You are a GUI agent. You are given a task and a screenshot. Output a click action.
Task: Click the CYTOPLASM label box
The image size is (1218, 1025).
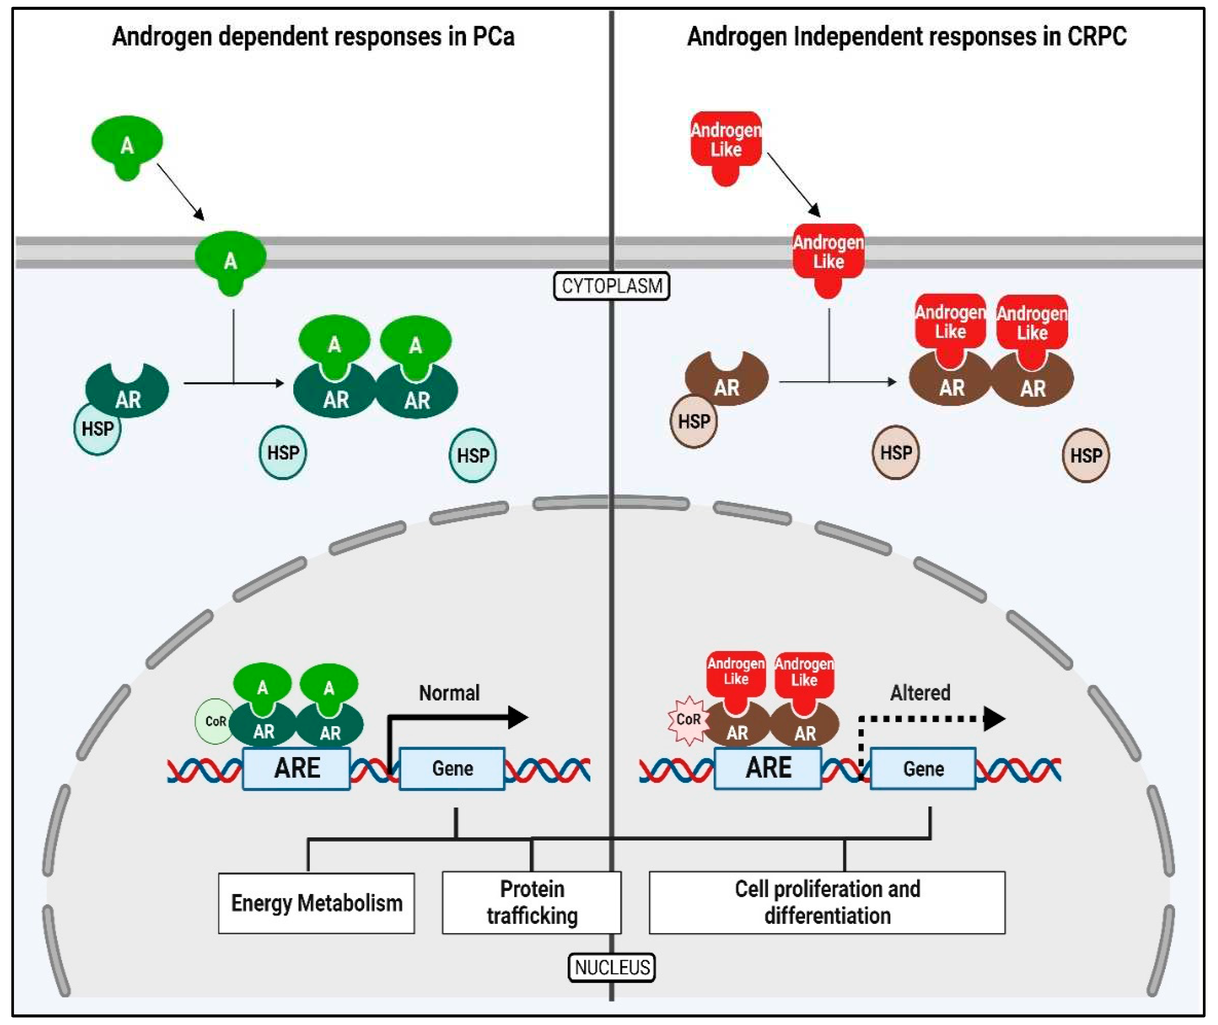[x=611, y=286]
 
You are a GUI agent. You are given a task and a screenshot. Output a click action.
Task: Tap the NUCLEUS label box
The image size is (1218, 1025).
[x=611, y=967]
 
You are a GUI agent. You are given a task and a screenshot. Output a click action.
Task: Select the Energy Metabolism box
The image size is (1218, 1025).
[x=316, y=903]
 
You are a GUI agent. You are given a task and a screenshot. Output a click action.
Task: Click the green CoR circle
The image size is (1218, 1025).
[x=214, y=721]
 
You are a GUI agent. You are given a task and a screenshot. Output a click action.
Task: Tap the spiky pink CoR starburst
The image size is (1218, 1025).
[x=688, y=720]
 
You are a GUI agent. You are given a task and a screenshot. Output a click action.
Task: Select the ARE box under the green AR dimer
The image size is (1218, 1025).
[x=296, y=768]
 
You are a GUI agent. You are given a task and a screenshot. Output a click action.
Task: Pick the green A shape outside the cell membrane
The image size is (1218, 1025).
[x=127, y=145]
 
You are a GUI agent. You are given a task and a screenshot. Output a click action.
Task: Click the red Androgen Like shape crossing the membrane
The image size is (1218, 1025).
[x=828, y=255]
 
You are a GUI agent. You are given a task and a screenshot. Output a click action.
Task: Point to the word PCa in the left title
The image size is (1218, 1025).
[x=493, y=36]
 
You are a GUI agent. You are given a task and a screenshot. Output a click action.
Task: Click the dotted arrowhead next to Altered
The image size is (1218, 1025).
[x=994, y=719]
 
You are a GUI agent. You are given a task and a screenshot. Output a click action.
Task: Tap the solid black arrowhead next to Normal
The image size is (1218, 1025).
[x=518, y=718]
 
